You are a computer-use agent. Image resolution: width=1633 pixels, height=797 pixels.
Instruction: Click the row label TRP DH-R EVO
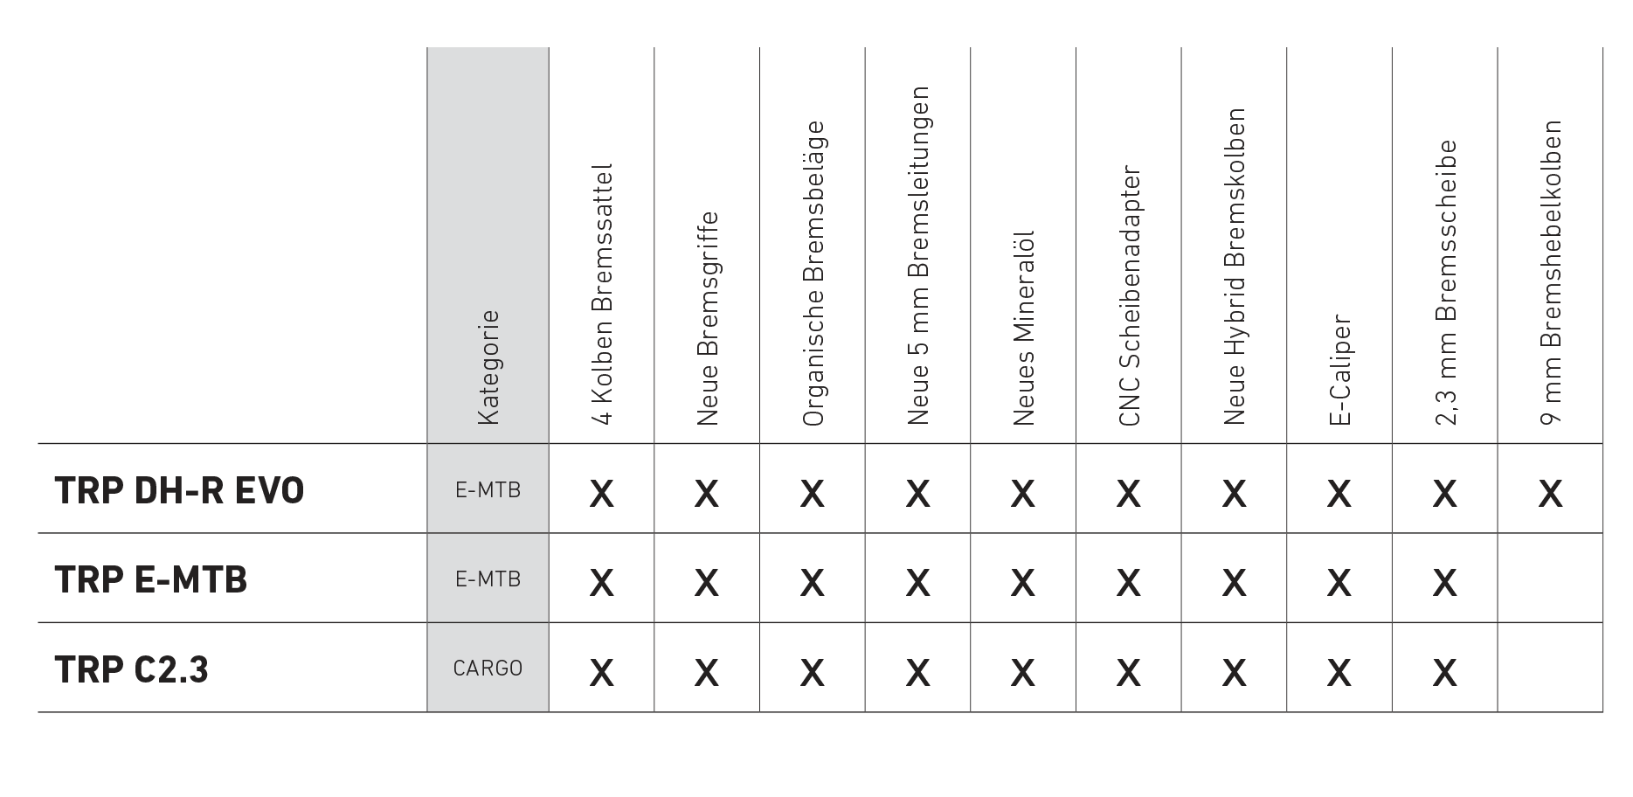coord(179,490)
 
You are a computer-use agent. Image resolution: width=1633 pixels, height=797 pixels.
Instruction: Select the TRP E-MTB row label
coord(151,579)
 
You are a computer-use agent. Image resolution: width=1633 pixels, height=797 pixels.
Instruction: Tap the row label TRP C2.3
coord(132,669)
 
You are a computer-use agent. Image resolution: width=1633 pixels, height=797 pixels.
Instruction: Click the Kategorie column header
coord(488,368)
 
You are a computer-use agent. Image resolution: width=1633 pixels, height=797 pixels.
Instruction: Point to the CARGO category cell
coord(488,669)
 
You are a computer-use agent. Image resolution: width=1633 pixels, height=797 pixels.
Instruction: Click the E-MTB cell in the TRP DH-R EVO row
coord(488,490)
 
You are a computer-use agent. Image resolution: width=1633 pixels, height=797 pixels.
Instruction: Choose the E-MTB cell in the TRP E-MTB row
coord(488,579)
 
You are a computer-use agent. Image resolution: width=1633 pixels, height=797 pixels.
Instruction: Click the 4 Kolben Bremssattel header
coord(602,295)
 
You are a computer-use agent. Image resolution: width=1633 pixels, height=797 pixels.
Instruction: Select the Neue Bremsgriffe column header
coord(707,319)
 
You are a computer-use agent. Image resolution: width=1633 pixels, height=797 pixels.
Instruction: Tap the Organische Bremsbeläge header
coord(813,274)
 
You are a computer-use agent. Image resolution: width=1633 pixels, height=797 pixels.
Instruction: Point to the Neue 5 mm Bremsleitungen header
coord(917,255)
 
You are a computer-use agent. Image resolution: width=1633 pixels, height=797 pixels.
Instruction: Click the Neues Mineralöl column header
coord(1023,329)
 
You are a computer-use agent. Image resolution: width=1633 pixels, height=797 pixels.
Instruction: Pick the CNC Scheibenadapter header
coord(1129,295)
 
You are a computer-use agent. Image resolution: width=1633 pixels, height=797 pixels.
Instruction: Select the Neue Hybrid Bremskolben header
coord(1234,267)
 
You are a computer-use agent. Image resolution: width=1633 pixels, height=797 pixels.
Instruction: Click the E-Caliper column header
coord(1339,371)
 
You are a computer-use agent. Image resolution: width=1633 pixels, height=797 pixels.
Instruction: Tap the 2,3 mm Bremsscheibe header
coord(1445,283)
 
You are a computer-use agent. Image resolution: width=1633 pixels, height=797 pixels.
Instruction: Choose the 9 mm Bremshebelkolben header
coord(1551,273)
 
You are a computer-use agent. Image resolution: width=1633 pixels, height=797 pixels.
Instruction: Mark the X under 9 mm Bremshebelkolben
coord(1550,494)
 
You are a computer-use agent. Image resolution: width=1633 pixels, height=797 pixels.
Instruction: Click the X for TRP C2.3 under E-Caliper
coord(1339,672)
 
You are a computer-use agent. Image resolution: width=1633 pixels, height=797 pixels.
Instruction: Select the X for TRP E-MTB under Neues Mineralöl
coord(1022,583)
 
